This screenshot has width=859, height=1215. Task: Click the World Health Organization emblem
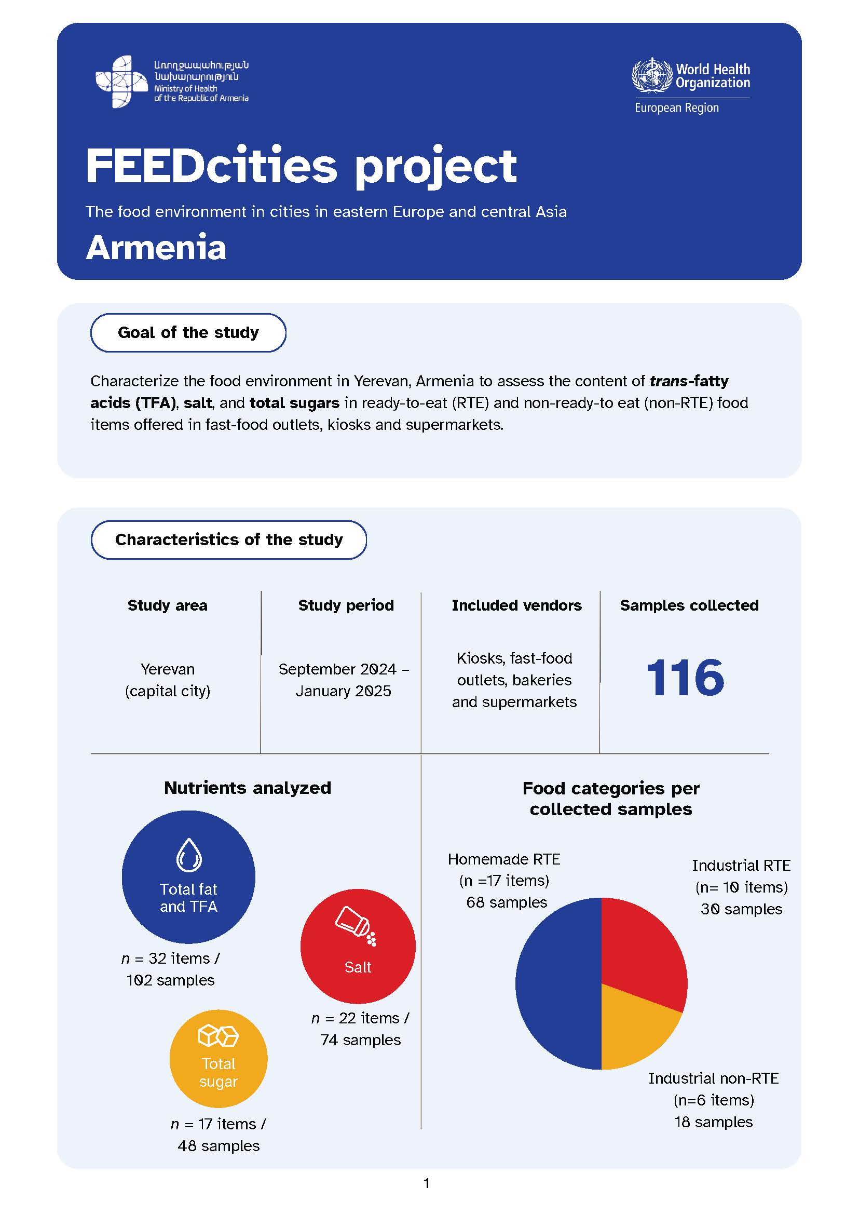coord(653,76)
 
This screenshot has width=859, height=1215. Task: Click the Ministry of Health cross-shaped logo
coord(121,82)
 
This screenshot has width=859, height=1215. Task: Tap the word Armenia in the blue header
coord(156,248)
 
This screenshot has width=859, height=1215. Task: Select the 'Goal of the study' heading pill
coord(188,333)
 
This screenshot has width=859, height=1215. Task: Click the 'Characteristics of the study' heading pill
coord(228,540)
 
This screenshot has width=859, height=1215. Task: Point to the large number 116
coord(685,678)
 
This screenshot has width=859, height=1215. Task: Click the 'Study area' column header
coord(167,605)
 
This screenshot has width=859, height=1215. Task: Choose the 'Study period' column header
coord(346,605)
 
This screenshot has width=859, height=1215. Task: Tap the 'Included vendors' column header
coord(516,605)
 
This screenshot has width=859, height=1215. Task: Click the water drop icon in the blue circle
coord(189,855)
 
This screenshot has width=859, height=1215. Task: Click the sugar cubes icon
coord(218,1036)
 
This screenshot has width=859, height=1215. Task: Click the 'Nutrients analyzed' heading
coord(248,788)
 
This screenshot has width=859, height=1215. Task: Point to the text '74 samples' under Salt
coord(360,1041)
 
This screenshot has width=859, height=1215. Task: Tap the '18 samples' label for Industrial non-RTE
coord(713,1122)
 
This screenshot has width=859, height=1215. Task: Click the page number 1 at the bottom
coord(427,1183)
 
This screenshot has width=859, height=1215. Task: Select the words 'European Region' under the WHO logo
coord(676,108)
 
